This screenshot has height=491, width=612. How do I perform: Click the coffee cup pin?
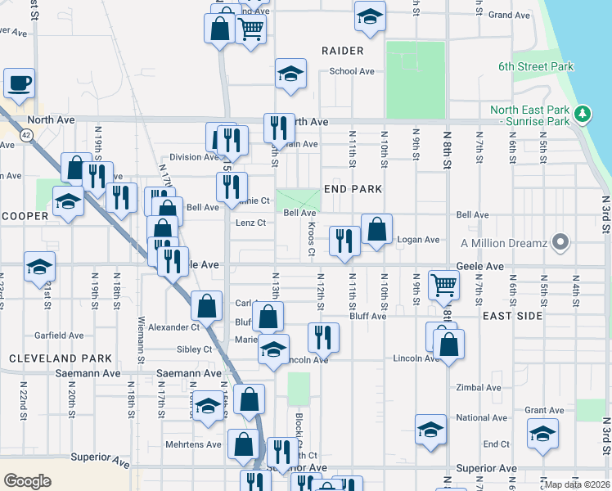pyautogui.click(x=19, y=83)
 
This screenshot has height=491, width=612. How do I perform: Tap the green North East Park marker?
pyautogui.click(x=583, y=113)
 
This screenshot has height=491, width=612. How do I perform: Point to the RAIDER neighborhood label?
pyautogui.click(x=342, y=51)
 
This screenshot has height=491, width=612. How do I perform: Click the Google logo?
pyautogui.click(x=27, y=480)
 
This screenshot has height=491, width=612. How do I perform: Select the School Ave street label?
pyautogui.click(x=352, y=71)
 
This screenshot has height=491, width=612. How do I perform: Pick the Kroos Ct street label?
pyautogui.click(x=312, y=238)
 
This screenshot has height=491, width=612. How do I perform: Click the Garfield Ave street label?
pyautogui.click(x=59, y=336)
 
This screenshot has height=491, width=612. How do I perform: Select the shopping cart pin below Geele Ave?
pyautogui.click(x=443, y=284)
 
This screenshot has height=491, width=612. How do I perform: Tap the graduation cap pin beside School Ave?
pyautogui.click(x=291, y=74)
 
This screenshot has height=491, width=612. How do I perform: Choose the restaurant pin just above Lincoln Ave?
pyautogui.click(x=324, y=336)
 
